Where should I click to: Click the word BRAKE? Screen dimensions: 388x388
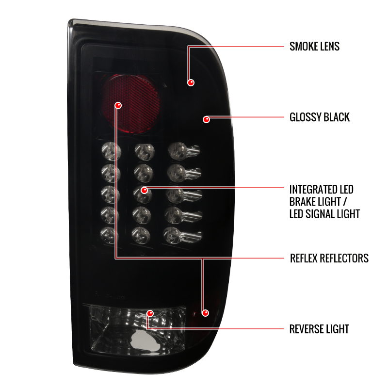point(303,202)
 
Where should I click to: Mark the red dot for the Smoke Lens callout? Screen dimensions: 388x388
point(191,82)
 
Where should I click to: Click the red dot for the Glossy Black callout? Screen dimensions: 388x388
point(207,119)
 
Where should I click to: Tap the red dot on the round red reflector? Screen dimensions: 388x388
point(118,105)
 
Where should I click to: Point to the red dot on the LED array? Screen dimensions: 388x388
point(144,190)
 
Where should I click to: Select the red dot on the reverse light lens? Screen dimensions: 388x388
point(150,313)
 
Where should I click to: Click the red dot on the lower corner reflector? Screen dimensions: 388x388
point(205,313)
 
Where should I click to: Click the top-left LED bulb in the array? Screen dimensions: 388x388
point(112,151)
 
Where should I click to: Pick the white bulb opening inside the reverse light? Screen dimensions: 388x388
point(145,341)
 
